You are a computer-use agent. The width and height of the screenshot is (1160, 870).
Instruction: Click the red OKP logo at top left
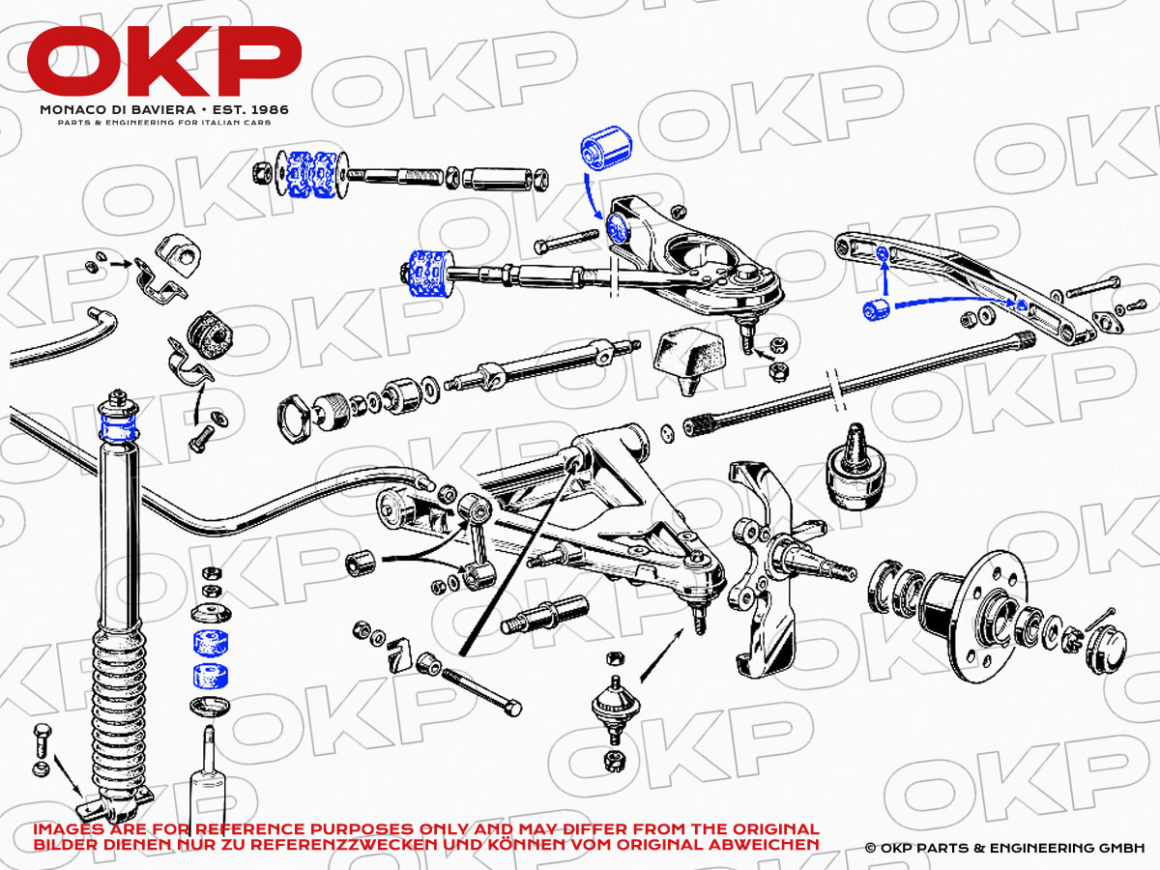pos(163,61)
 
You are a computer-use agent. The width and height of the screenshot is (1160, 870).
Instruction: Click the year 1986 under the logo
pos(270,109)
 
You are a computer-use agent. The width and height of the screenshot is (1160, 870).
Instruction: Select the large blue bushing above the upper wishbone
pos(606,149)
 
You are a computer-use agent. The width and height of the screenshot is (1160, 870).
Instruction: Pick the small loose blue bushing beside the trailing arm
pos(876,309)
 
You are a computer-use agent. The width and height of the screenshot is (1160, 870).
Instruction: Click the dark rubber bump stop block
pos(688,361)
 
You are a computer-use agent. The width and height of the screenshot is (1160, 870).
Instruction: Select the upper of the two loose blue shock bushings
pos(211,642)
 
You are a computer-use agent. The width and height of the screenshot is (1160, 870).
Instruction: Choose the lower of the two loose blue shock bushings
pos(211,677)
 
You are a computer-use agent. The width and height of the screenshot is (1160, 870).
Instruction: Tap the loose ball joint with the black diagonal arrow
pos(615,708)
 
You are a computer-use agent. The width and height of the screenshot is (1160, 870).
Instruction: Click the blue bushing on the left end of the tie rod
pos(428,274)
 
